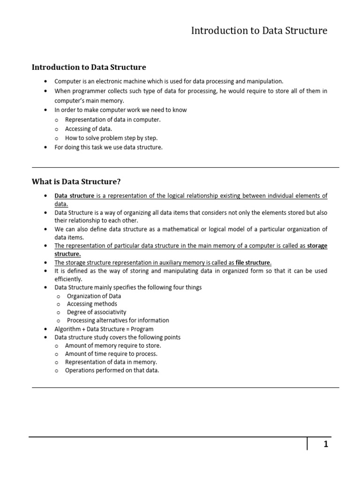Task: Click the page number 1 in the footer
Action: point(325,444)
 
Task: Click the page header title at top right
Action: point(259,31)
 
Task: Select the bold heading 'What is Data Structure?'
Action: point(79,181)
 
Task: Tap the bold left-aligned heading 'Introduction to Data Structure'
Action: point(89,67)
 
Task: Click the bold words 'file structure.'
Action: point(254,262)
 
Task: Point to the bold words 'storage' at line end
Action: point(317,246)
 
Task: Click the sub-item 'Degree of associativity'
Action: point(96,312)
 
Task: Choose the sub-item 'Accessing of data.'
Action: point(89,129)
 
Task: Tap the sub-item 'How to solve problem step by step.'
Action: point(112,138)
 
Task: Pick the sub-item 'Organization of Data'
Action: point(94,296)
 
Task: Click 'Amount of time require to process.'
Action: point(111,354)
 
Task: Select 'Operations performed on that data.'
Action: point(112,370)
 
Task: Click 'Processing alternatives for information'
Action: point(118,321)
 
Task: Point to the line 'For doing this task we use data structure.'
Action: point(109,147)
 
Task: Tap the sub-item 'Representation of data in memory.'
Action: point(111,362)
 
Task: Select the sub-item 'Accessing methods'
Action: point(92,304)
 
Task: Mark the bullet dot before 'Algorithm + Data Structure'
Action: point(45,329)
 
